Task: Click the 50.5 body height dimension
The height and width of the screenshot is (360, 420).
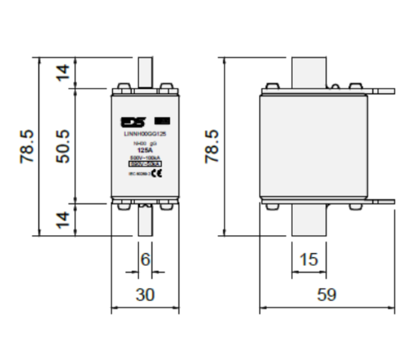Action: [x=64, y=146]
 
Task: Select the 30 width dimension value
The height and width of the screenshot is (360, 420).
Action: [x=146, y=295]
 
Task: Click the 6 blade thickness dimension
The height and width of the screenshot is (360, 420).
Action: [x=144, y=260]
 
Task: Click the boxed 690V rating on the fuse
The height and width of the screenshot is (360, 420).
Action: [x=144, y=163]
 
